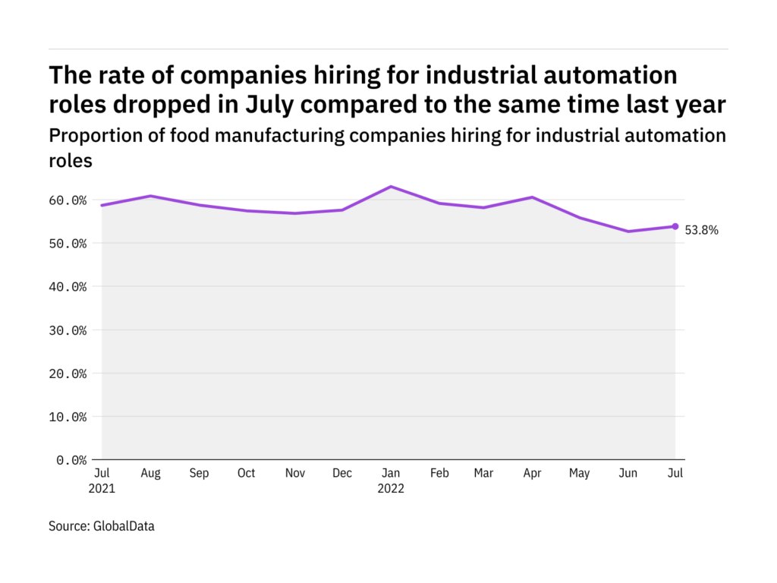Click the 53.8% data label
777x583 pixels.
703,230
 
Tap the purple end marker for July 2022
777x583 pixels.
675,226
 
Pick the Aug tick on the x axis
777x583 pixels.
150,474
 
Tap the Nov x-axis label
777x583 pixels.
294,474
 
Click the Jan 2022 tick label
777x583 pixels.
390,481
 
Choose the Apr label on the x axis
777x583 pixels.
532,474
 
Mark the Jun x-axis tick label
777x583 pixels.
628,474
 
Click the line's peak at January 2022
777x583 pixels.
390,187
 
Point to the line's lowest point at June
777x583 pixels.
628,232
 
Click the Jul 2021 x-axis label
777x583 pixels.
101,481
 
